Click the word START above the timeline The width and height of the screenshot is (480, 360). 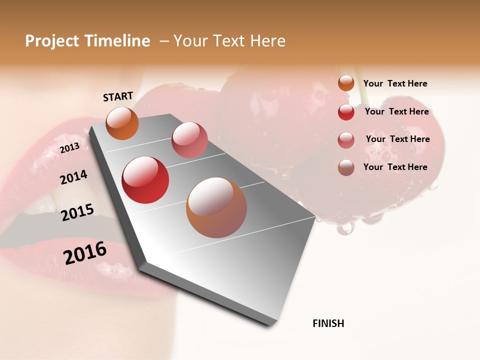(118, 96)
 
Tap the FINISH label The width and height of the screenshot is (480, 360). (328, 323)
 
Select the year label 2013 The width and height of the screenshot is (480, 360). (69, 148)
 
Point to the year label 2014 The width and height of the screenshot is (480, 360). (73, 177)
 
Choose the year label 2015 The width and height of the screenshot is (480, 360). (77, 212)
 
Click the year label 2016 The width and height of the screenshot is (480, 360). (85, 253)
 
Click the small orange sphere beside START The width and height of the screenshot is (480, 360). (122, 123)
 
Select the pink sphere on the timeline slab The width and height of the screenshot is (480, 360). (189, 140)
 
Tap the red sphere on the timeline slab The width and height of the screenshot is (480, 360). (145, 180)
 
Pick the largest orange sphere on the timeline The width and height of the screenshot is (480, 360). (216, 207)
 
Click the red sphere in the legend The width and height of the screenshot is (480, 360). (346, 112)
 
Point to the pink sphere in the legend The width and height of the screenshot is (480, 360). (346, 140)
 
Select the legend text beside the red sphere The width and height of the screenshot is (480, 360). (396, 111)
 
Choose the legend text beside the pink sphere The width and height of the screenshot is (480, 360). (397, 139)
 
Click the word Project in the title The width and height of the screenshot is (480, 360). (52, 41)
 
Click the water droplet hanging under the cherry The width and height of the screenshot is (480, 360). (344, 227)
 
